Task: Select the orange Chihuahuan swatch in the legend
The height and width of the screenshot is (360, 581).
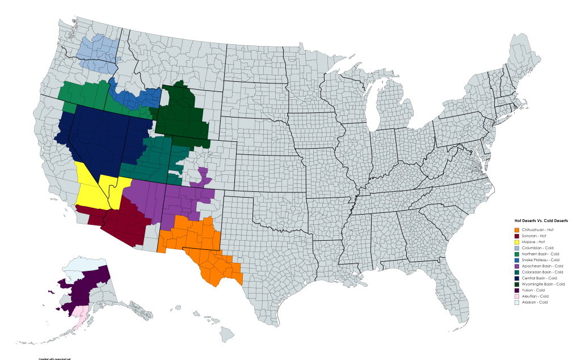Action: pyautogui.click(x=516, y=229)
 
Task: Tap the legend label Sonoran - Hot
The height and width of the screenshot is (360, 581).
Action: pyautogui.click(x=534, y=236)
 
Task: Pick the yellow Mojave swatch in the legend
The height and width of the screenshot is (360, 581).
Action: pyautogui.click(x=516, y=242)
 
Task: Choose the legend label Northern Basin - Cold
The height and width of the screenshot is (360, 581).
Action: pyautogui.click(x=540, y=254)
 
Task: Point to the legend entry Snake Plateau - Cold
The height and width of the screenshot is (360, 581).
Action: pyautogui.click(x=540, y=260)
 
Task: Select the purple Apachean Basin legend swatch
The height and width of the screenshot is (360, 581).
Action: pyautogui.click(x=516, y=266)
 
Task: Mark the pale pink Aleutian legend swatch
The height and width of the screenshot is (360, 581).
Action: pyautogui.click(x=516, y=296)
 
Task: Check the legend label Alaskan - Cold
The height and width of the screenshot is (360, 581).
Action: pyautogui.click(x=534, y=302)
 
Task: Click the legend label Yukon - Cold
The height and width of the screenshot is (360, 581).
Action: pyautogui.click(x=533, y=290)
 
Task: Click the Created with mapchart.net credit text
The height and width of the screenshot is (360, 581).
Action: pyautogui.click(x=54, y=358)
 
